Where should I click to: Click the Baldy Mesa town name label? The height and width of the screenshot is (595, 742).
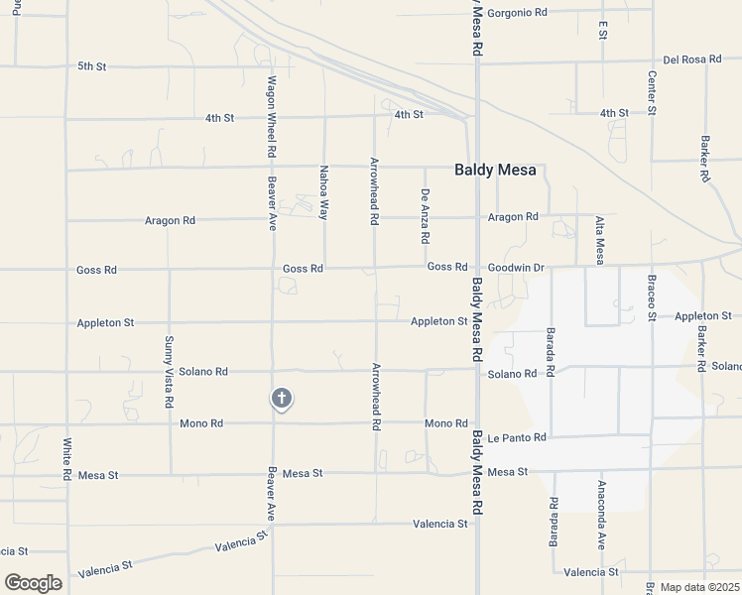click(495, 170)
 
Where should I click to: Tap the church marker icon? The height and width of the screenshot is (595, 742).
click(281, 399)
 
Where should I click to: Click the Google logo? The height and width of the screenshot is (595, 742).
click(33, 583)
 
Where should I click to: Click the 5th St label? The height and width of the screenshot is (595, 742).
click(91, 66)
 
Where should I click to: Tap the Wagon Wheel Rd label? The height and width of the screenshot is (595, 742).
click(270, 118)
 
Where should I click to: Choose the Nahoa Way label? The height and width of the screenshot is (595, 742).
click(323, 191)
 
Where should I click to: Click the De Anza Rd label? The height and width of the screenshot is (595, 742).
click(425, 216)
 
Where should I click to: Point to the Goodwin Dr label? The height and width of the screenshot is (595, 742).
click(516, 268)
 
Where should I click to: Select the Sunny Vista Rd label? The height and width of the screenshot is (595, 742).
click(168, 373)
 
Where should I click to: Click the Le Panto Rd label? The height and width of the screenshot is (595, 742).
click(517, 437)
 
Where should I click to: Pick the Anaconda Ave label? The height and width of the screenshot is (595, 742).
click(601, 516)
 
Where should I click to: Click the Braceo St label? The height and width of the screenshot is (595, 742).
click(652, 298)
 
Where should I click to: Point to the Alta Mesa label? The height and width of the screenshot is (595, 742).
click(599, 240)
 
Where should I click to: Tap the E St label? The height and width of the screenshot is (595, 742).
click(602, 30)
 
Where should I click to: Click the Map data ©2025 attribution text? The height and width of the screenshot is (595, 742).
click(699, 587)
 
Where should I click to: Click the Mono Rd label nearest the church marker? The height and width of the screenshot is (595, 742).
click(201, 423)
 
